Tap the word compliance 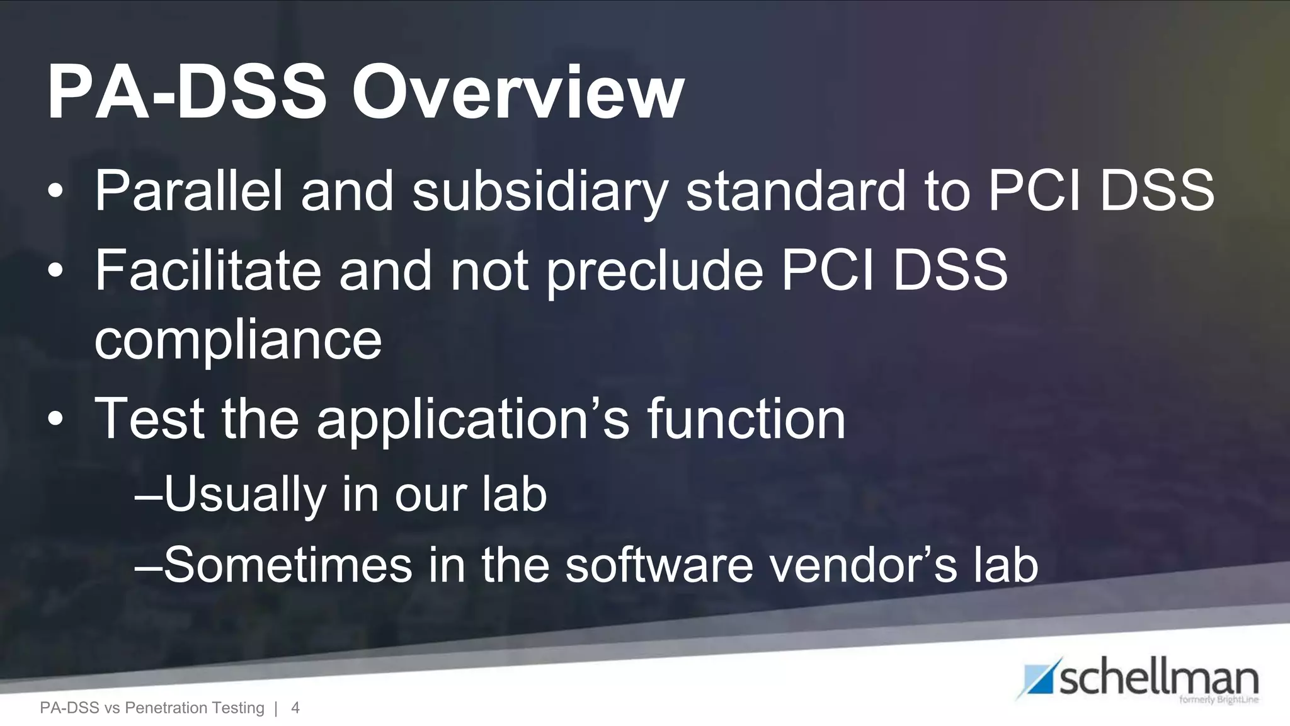pos(238,340)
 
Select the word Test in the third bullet pos(149,418)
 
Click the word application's pos(472,418)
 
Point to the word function pos(746,418)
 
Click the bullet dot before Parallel pos(55,192)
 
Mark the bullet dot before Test pos(55,420)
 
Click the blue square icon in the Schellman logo pos(1037,679)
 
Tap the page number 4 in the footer pos(295,708)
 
